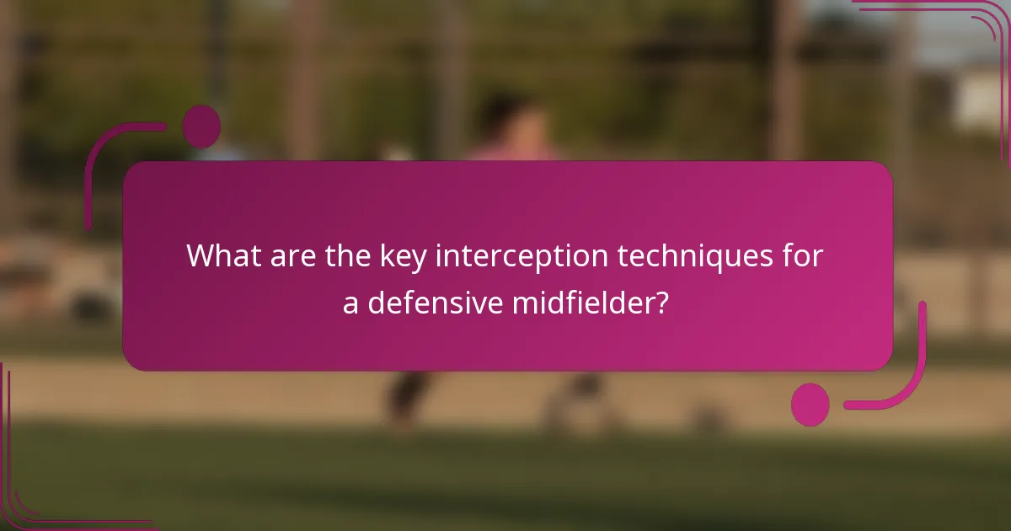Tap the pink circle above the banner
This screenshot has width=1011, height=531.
(x=201, y=126)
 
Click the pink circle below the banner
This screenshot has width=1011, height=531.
(x=810, y=405)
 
